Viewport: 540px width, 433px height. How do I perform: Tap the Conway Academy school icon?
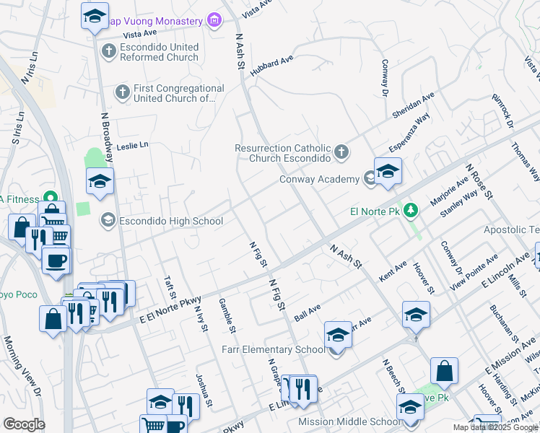click(x=371, y=178)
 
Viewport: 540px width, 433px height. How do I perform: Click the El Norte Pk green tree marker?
click(x=411, y=211)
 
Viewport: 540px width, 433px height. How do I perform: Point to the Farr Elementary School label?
click(x=273, y=350)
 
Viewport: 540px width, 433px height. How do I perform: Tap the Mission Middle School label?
click(x=349, y=421)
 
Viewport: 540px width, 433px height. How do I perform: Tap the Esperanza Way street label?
click(x=409, y=133)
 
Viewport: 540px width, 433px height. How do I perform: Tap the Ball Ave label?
click(x=307, y=312)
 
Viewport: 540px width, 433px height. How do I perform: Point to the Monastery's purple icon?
click(x=214, y=21)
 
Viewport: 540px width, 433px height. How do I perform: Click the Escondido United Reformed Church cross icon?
click(x=108, y=51)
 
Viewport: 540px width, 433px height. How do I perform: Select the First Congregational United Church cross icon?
click(x=123, y=92)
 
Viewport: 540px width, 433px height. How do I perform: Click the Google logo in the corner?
click(x=24, y=424)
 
